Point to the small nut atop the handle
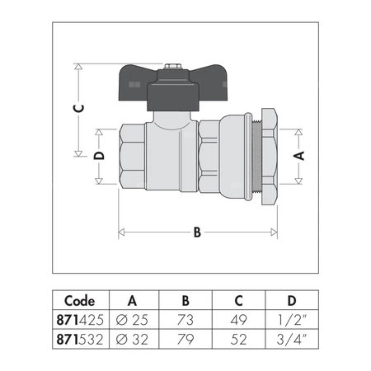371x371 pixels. pyautogui.click(x=172, y=64)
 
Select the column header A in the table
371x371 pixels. pyautogui.click(x=132, y=301)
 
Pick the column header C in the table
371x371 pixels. pyautogui.click(x=238, y=301)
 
